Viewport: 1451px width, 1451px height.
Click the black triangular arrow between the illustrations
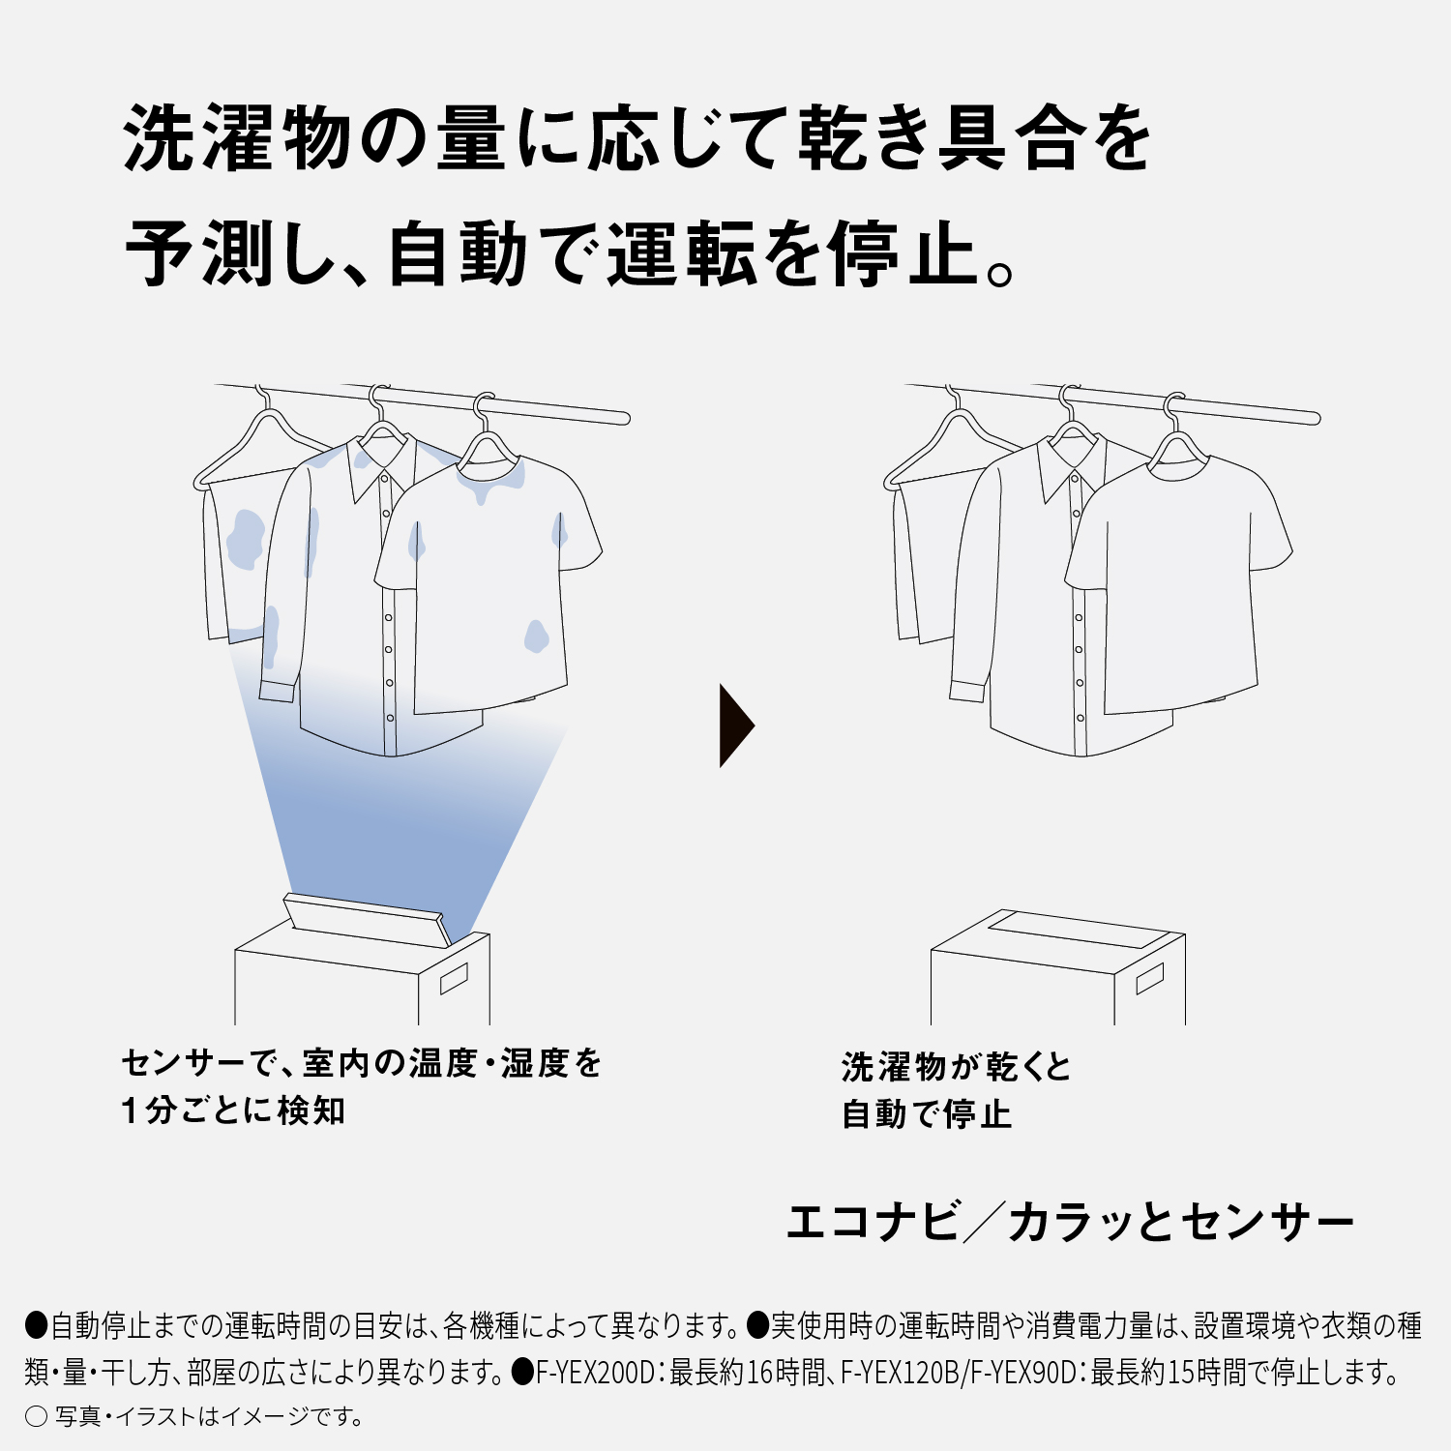click(x=735, y=725)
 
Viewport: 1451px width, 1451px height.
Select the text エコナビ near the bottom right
click(x=874, y=1222)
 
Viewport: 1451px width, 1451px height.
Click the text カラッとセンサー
click(x=1180, y=1222)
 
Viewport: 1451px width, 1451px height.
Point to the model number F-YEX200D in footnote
click(x=595, y=1373)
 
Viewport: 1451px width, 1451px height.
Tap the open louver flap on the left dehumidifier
click(x=368, y=918)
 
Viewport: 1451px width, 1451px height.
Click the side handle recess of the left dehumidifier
click(x=454, y=980)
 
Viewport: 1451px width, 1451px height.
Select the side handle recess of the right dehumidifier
click(x=1150, y=980)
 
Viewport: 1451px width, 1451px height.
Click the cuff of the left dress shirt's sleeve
click(x=278, y=690)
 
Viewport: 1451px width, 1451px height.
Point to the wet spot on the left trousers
click(x=246, y=538)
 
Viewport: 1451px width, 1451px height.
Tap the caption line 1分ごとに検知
click(x=233, y=1110)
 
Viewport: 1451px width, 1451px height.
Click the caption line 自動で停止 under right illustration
click(x=926, y=1114)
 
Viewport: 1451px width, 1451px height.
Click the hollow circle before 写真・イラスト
click(x=36, y=1417)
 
